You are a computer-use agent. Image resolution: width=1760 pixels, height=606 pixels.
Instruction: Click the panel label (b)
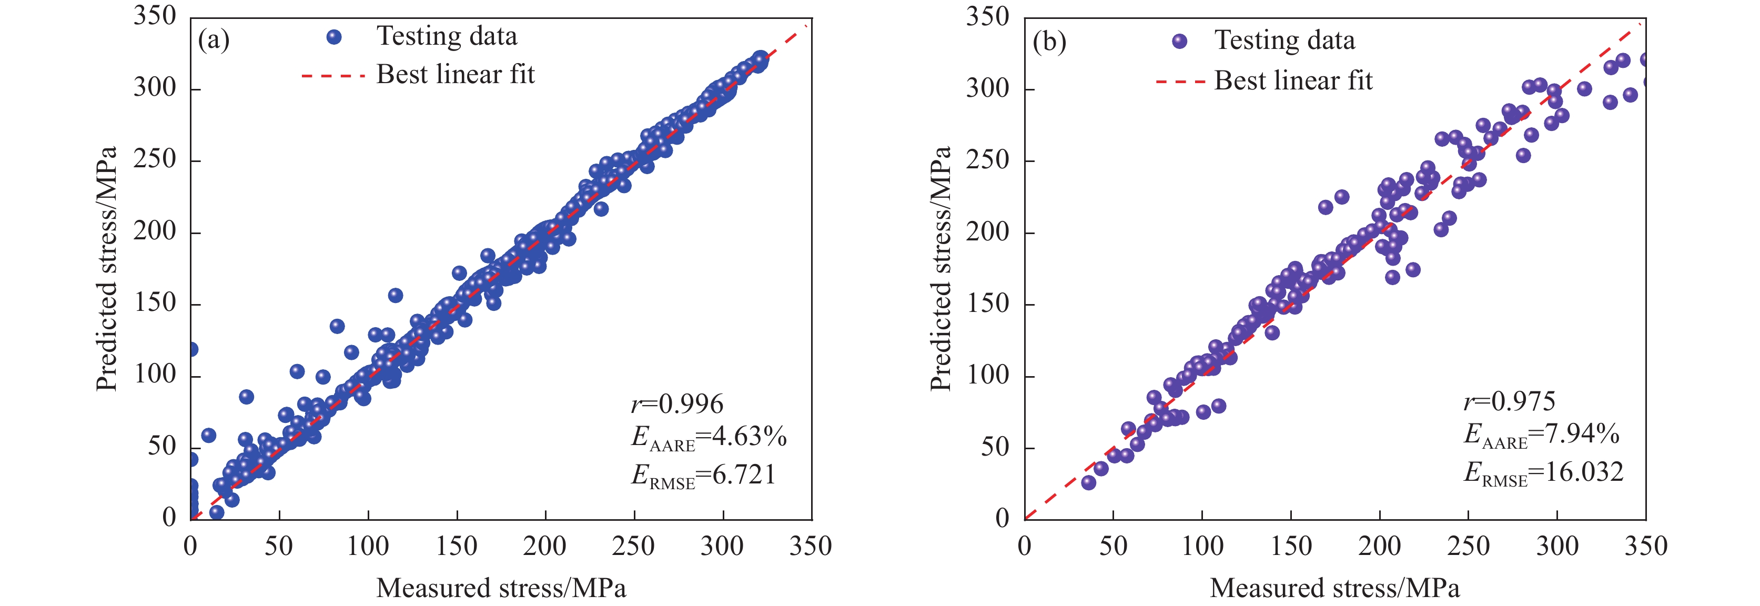point(1049,43)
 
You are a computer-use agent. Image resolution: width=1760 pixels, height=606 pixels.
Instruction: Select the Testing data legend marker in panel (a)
point(334,37)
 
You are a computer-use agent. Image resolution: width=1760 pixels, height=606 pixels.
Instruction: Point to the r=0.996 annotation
point(676,405)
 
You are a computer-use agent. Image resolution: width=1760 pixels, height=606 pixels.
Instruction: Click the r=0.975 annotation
point(1509,402)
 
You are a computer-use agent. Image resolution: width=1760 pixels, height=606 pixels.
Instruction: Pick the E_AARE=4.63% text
point(709,437)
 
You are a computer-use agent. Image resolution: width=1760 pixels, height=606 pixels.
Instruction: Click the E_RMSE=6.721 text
point(704,476)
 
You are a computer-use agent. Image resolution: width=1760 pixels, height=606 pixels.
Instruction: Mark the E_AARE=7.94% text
point(1541,435)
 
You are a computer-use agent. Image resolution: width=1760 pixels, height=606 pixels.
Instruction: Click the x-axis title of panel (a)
point(501,588)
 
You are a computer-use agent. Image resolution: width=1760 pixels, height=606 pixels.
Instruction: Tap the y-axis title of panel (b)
point(941,268)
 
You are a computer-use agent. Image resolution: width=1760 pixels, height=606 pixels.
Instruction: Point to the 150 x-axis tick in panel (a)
point(457,547)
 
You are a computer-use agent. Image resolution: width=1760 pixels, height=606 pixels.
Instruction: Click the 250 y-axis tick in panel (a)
point(155,160)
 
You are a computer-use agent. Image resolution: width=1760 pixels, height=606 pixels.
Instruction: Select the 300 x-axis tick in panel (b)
point(1557,547)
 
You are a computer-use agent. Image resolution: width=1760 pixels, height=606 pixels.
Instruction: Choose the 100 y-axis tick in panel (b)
point(987,376)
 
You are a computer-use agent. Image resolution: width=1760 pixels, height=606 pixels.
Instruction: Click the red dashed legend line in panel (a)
point(333,75)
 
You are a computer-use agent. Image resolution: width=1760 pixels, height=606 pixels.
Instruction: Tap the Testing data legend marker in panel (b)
point(1179,41)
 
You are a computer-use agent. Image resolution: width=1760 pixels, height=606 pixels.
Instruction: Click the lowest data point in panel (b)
point(1088,482)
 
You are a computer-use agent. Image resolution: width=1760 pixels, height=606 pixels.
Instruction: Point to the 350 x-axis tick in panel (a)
point(811,547)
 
